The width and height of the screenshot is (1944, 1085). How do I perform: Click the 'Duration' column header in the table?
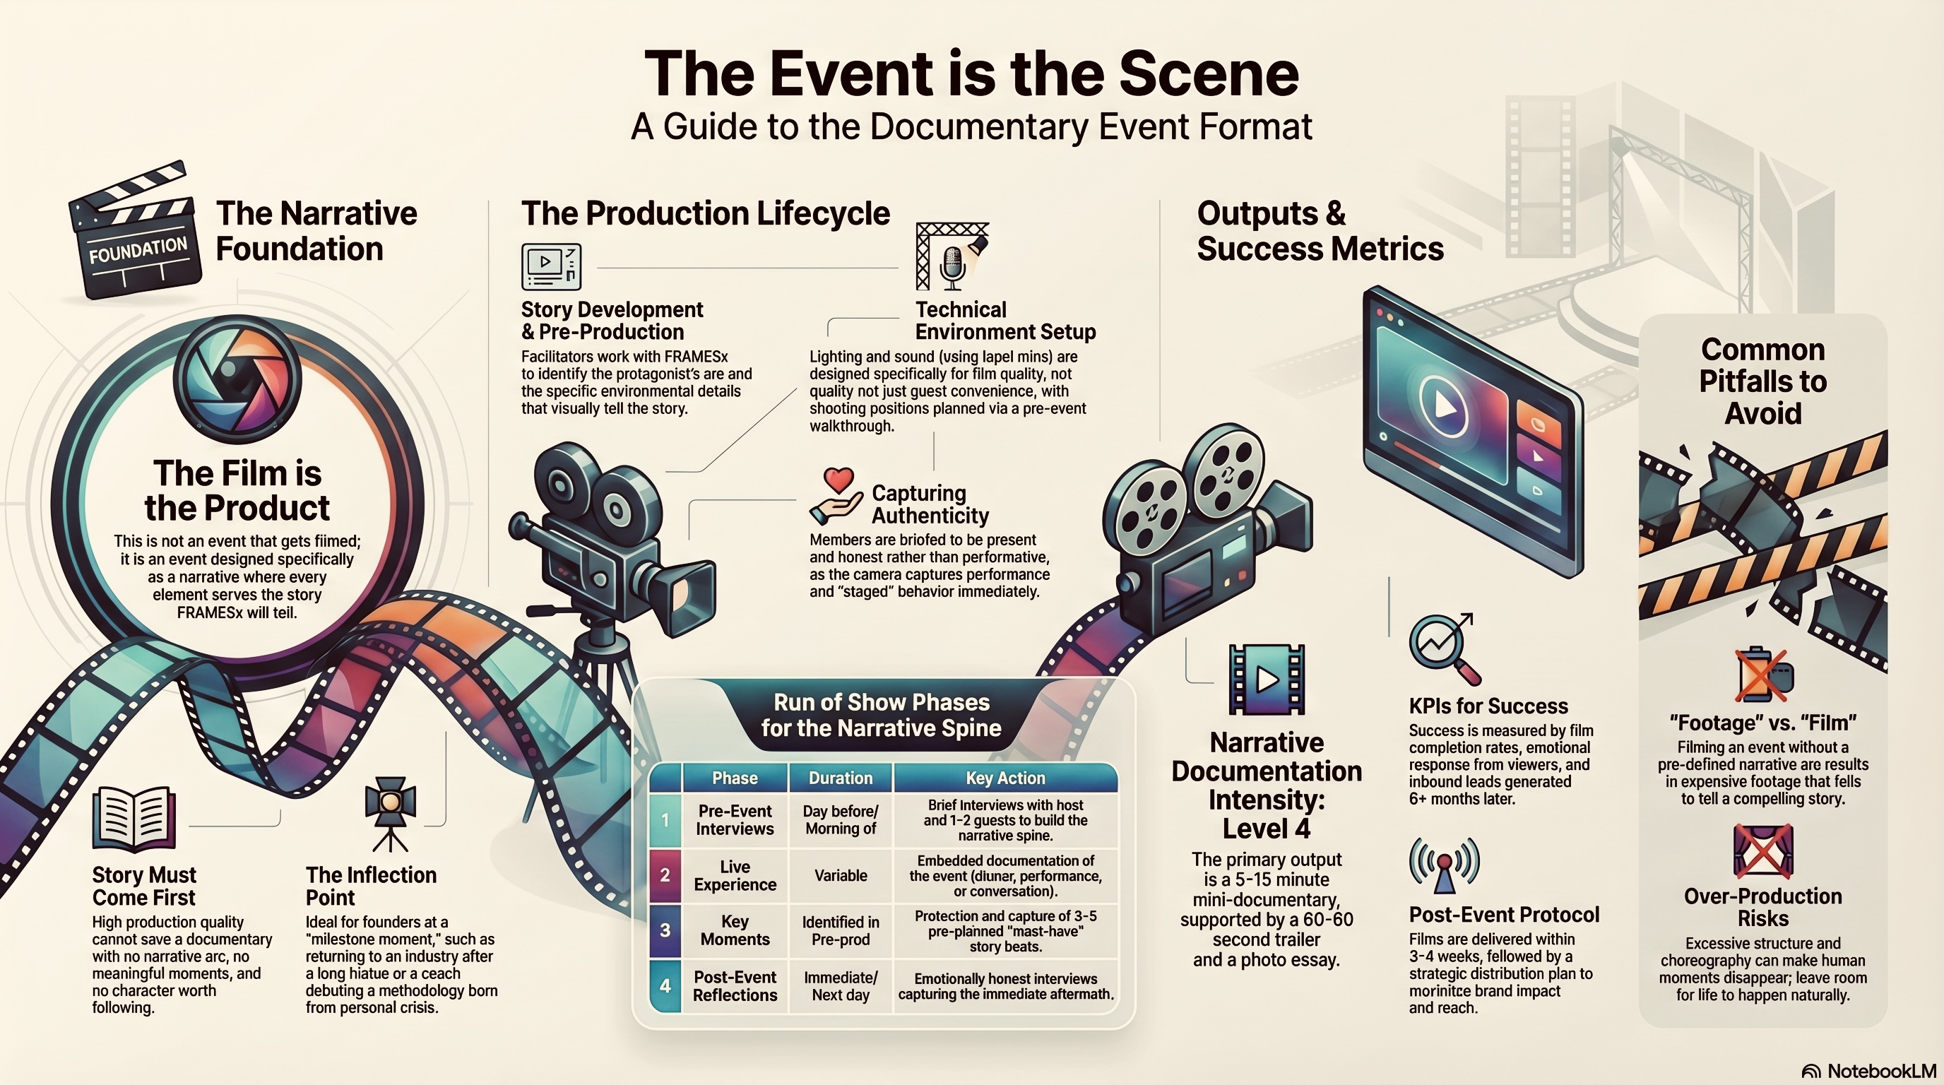tap(840, 778)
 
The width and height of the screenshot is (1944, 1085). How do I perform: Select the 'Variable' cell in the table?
tap(840, 875)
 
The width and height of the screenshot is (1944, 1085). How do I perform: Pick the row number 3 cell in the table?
tap(665, 930)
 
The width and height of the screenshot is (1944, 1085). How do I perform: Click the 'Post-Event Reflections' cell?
tap(734, 986)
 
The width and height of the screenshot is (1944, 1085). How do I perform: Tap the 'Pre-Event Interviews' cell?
tap(734, 820)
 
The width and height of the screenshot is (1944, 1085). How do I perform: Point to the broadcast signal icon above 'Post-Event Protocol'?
tap(1445, 865)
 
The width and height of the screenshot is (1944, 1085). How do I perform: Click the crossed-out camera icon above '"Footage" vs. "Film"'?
tap(1764, 675)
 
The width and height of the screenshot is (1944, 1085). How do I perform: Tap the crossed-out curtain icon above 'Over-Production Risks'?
tap(1764, 851)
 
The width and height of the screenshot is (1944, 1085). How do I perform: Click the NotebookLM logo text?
tap(1880, 1072)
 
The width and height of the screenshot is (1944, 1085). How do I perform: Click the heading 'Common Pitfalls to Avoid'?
tap(1763, 381)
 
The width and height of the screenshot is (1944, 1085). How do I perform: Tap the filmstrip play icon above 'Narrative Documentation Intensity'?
tap(1267, 679)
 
